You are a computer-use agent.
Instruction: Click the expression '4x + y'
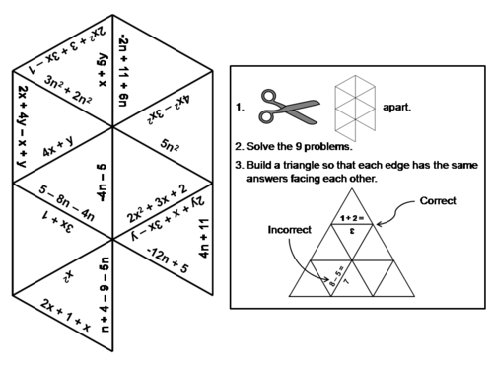click(x=63, y=151)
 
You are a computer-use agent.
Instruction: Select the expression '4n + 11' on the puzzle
click(x=204, y=240)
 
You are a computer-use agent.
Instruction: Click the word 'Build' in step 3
click(x=265, y=165)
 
